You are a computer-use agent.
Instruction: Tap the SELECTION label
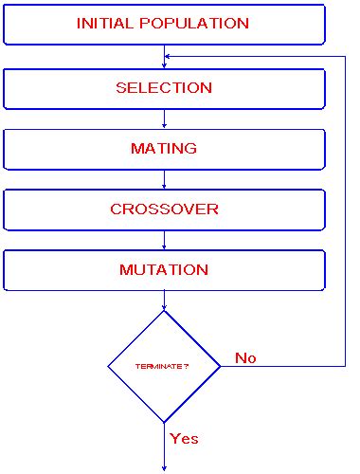coord(164,88)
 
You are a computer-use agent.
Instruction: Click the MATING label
coord(164,149)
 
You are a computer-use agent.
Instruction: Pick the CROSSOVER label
coord(164,210)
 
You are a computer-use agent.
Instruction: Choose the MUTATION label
coord(164,270)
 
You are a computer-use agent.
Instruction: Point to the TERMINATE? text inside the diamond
coord(163,366)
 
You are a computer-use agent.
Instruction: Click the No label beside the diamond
coord(245,358)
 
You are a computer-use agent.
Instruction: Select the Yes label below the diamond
coord(184,438)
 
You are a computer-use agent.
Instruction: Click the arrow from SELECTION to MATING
coord(165,118)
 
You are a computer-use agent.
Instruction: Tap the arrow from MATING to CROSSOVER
coord(165,179)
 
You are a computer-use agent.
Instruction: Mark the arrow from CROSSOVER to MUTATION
coord(165,240)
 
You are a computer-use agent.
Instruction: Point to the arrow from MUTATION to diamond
coord(165,301)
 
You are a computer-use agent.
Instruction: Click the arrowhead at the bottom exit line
coord(165,465)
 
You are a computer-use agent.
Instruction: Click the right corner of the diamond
coord(221,366)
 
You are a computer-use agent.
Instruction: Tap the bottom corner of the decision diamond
coord(165,422)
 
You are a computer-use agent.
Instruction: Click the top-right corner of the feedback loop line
coord(344,56)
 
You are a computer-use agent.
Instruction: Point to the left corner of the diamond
coord(108,366)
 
